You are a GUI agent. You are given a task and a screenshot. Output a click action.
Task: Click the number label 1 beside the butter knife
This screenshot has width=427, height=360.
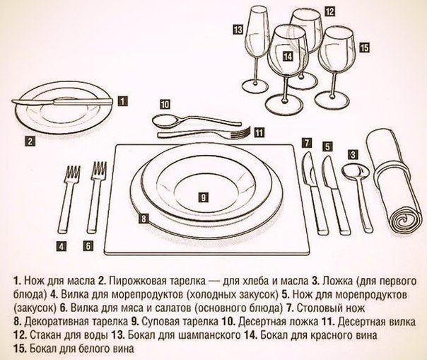click(124, 101)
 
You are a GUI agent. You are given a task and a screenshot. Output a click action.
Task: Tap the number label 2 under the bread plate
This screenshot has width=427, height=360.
click(30, 140)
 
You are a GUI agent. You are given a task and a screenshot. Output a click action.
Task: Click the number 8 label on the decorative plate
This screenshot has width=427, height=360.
click(144, 219)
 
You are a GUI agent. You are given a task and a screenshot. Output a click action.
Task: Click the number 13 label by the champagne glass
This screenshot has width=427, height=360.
click(238, 29)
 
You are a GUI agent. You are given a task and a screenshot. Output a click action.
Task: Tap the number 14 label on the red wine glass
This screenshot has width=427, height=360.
click(286, 54)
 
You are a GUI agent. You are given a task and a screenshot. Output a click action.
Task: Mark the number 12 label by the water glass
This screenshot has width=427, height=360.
click(329, 11)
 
